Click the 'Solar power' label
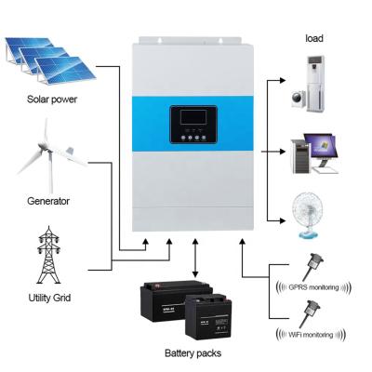pyautogui.click(x=52, y=100)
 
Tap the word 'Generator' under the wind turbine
pyautogui.click(x=48, y=201)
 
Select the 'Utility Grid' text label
pyautogui.click(x=49, y=298)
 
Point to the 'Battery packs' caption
pyautogui.click(x=193, y=353)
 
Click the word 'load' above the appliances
pyautogui.click(x=314, y=38)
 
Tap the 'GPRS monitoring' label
pyautogui.click(x=313, y=287)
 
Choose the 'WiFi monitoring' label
pyautogui.click(x=311, y=335)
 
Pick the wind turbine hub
pyautogui.click(x=49, y=151)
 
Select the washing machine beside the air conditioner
pyautogui.click(x=299, y=98)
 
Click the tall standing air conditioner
pyautogui.click(x=316, y=84)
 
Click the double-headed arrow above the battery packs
pyautogui.click(x=195, y=259)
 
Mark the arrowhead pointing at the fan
pyautogui.click(x=282, y=220)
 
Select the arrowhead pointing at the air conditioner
pyautogui.click(x=282, y=80)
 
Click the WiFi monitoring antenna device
pyautogui.click(x=310, y=312)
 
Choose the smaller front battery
pyautogui.click(x=209, y=316)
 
